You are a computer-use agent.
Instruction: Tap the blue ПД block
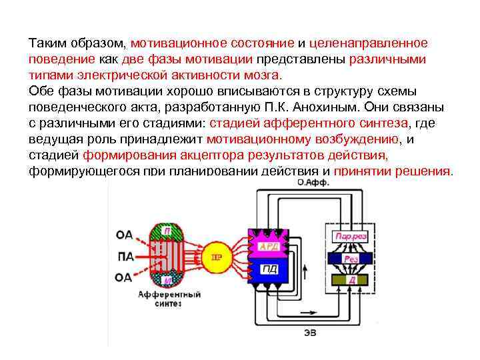[x=270, y=269]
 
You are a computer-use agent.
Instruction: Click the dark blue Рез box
[x=351, y=257]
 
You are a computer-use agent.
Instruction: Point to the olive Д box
[x=351, y=279]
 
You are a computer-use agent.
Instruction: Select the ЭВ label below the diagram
[x=309, y=332]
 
